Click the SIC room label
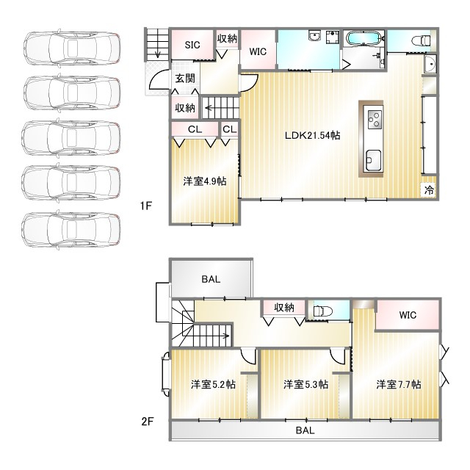[x=192, y=45]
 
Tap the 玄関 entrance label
[x=185, y=79]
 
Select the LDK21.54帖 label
[x=312, y=135]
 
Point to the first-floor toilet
[x=421, y=40]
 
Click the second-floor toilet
[x=323, y=311]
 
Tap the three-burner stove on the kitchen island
[x=373, y=119]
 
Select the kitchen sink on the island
[x=373, y=161]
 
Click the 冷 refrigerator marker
[x=429, y=189]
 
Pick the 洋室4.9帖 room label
[x=205, y=181]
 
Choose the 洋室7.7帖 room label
[x=399, y=384]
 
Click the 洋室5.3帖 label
[x=305, y=384]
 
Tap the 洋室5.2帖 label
[x=213, y=384]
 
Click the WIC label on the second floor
[x=408, y=315]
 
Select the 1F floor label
[x=146, y=206]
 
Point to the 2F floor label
[x=147, y=422]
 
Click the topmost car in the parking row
[x=72, y=48]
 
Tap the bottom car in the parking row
[x=71, y=230]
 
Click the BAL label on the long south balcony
[x=305, y=430]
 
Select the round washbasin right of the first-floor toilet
[x=430, y=64]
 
